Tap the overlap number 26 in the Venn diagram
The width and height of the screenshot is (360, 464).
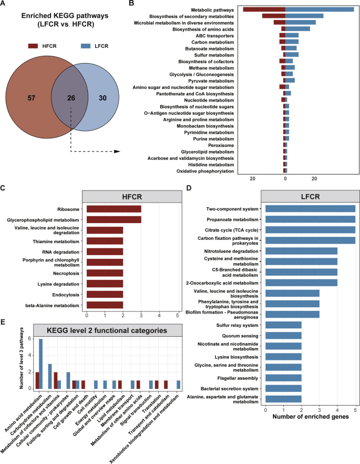(x=70, y=98)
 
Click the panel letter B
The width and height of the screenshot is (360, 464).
(x=131, y=4)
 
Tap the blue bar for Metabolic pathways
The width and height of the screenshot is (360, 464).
(x=319, y=9)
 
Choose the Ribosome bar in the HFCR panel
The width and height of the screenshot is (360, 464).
(x=114, y=208)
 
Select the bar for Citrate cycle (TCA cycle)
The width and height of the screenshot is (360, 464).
(x=310, y=229)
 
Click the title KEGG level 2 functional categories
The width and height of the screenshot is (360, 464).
(x=106, y=329)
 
